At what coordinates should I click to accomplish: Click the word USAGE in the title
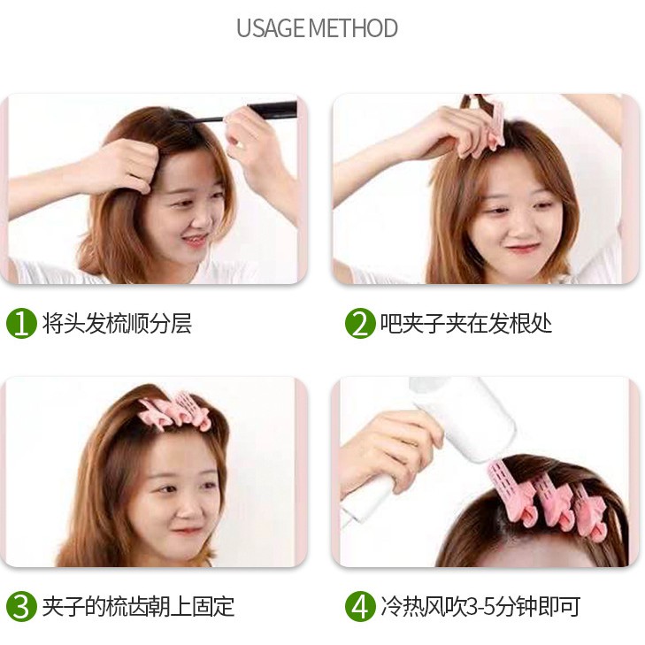(271, 28)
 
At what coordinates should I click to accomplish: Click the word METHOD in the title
(353, 28)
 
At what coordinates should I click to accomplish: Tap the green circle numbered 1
(21, 324)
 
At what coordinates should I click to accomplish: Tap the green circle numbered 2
(360, 324)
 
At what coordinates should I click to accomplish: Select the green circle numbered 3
(21, 606)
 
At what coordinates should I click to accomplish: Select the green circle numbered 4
(360, 606)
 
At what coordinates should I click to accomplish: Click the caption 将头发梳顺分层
(117, 323)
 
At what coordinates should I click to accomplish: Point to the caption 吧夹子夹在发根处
(465, 323)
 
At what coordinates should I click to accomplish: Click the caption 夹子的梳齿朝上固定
(138, 606)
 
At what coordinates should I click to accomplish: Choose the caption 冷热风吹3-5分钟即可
(480, 606)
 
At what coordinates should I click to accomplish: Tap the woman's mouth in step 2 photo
(522, 248)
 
